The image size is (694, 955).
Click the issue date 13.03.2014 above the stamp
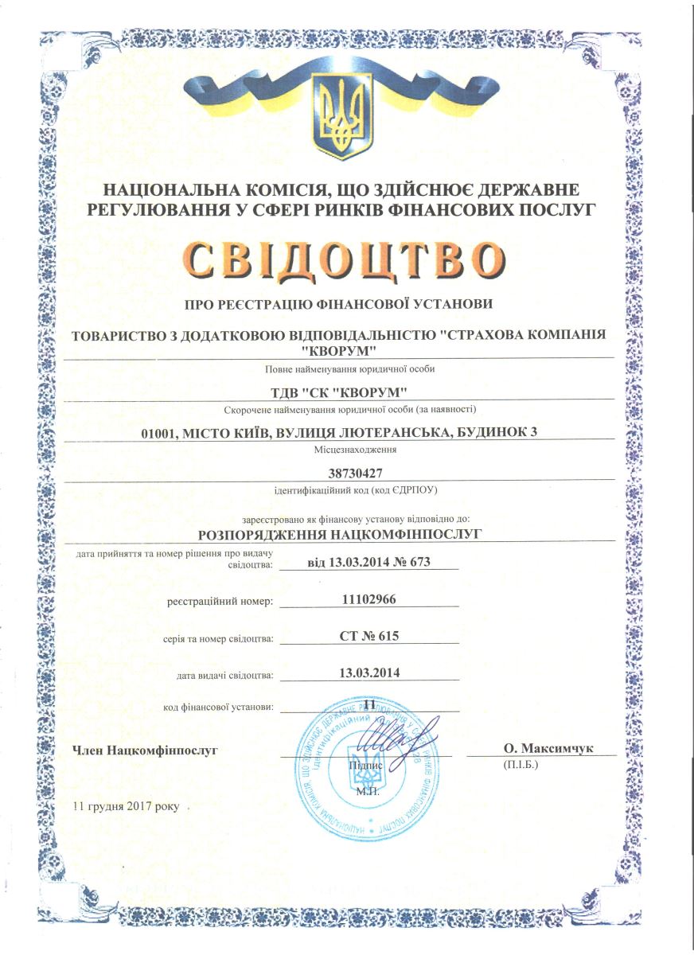click(x=368, y=672)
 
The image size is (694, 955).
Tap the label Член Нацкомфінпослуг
click(x=145, y=749)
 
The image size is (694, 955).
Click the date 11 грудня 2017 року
click(x=127, y=805)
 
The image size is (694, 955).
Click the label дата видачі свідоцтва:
click(x=225, y=676)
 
